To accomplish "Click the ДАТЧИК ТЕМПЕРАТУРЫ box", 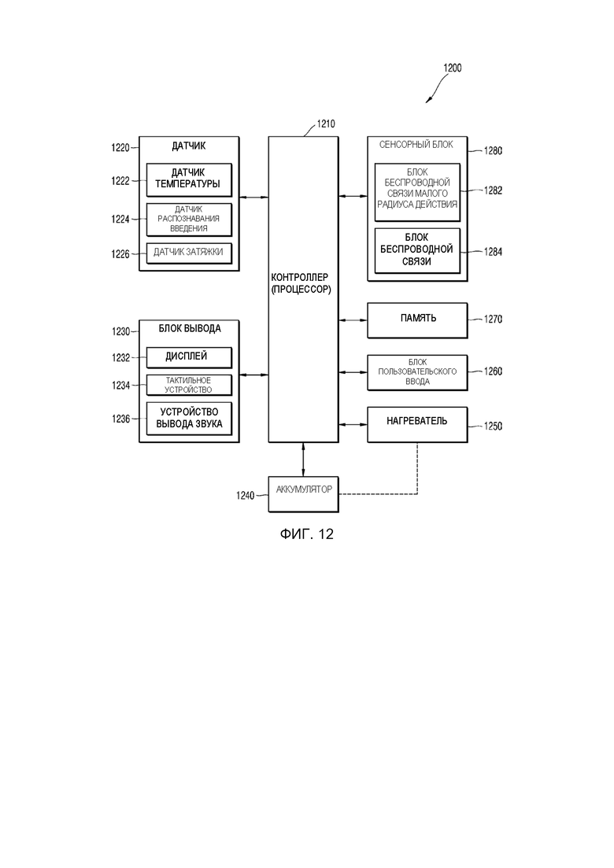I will coord(189,180).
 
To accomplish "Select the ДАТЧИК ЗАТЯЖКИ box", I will coord(189,253).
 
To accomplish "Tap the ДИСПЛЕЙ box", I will coord(189,357).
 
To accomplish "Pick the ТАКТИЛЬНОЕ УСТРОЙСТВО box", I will coord(189,384).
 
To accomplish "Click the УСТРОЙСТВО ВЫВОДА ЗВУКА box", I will coord(189,418).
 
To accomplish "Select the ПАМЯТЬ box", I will coord(417,319).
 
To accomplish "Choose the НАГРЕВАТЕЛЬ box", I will coord(417,423).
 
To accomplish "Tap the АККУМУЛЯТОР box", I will coord(303,490).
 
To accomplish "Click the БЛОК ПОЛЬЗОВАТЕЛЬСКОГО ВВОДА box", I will coord(417,371).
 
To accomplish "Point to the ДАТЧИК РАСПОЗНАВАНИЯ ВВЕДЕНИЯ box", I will coord(189,219).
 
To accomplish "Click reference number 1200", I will coord(452,68).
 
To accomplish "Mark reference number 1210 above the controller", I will coord(325,124).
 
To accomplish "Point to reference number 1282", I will coord(493,190).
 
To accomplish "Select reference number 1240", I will coord(245,496).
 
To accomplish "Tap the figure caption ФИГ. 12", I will coord(306,535).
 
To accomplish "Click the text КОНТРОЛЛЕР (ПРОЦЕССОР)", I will coord(302,283).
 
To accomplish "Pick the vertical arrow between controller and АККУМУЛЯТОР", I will coord(303,459).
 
